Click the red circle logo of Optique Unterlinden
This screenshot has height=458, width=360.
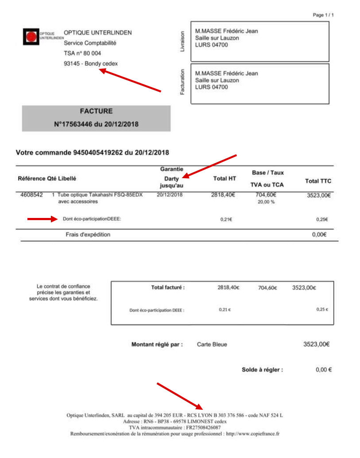pos(31,37)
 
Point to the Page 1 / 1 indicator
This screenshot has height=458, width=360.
pos(323,15)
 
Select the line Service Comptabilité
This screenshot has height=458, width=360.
pos(90,43)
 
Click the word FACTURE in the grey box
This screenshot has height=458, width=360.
pos(96,111)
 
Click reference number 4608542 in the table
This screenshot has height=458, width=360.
pos(32,195)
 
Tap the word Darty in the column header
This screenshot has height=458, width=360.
pos(171,179)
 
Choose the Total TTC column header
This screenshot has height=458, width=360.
pos(318,181)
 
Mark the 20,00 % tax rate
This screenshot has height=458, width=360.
pos(266,202)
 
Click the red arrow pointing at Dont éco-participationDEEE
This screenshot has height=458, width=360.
pos(42,218)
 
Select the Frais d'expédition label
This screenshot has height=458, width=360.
pos(88,235)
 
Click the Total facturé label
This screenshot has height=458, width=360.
pos(168,287)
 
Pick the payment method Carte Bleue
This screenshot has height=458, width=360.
pos(212,344)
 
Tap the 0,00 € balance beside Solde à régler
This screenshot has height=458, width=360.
pos(324,370)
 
